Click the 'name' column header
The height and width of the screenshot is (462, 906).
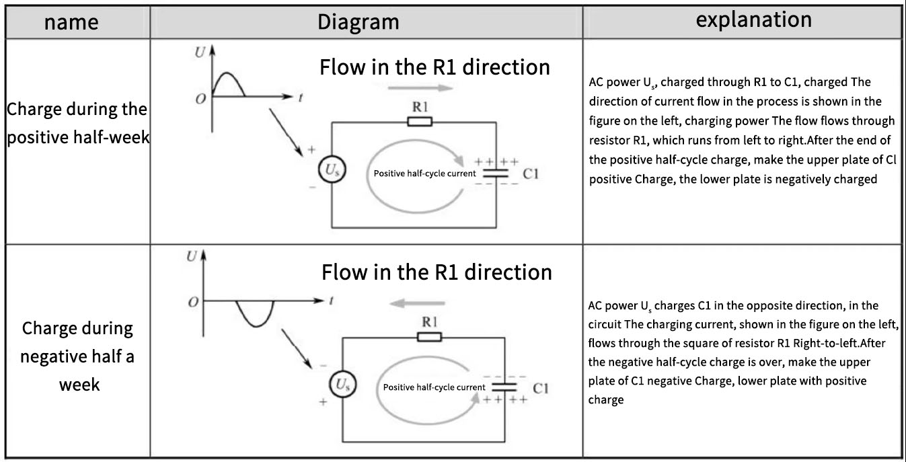(71, 22)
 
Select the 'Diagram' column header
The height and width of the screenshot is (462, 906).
(358, 22)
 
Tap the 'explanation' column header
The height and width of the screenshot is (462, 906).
(753, 20)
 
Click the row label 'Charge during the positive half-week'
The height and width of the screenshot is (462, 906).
(77, 124)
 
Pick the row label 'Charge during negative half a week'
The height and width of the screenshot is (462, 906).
(77, 356)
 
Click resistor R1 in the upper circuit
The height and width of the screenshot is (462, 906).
(420, 122)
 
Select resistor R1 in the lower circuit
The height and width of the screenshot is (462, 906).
(429, 336)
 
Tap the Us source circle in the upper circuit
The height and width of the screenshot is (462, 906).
(332, 172)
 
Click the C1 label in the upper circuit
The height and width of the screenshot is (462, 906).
(531, 174)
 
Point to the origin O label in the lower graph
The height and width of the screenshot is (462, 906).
(193, 303)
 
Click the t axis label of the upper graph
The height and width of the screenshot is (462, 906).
(301, 98)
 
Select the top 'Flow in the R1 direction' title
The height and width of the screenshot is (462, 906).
(435, 67)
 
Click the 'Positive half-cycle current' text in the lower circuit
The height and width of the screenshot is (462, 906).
(434, 387)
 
